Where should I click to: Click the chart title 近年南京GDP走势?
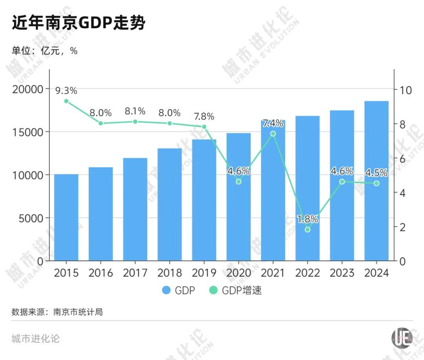[x=79, y=23]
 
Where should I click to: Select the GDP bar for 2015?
[x=66, y=218]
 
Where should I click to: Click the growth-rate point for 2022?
[x=307, y=229]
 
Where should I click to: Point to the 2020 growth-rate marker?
[x=238, y=182]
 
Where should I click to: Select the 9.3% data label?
[x=66, y=91]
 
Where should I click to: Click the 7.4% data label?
[x=273, y=124]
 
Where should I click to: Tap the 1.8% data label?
[x=307, y=219]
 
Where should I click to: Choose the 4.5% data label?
[x=376, y=173]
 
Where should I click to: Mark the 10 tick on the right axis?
[x=405, y=90]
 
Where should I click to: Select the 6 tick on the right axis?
[x=403, y=159]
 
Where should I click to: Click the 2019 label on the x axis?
[x=204, y=273]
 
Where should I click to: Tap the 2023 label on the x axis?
[x=342, y=273]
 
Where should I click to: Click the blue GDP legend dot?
[x=166, y=291]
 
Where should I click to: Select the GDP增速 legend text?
[x=241, y=291]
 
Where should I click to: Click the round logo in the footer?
[x=402, y=338]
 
